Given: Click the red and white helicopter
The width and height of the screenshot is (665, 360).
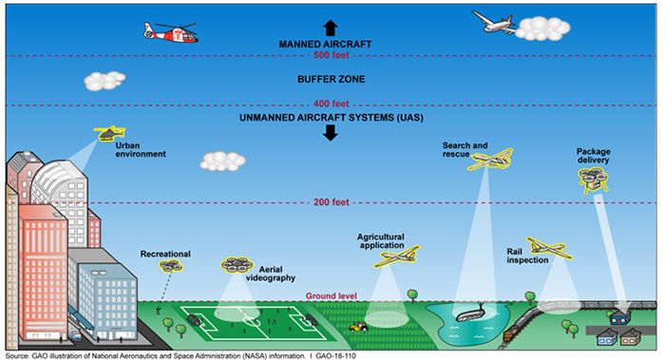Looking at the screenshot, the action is click(x=170, y=32).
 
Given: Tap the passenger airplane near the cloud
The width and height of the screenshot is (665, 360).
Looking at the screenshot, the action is click(x=494, y=22).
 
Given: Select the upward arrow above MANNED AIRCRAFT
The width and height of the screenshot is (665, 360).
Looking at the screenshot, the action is click(x=331, y=28).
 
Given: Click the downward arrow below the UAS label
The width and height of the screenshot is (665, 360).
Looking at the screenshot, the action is click(x=331, y=133).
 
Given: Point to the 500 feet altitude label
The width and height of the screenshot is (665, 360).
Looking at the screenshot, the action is click(x=332, y=55).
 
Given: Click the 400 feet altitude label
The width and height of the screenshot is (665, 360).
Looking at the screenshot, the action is click(x=332, y=104).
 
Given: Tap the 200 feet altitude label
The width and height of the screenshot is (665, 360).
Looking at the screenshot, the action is click(x=332, y=202).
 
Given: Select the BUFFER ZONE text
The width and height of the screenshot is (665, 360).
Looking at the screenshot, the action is click(x=331, y=79).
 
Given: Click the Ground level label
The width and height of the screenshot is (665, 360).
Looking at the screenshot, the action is click(x=332, y=296).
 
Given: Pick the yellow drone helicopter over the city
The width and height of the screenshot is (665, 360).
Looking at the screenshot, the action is click(x=109, y=133).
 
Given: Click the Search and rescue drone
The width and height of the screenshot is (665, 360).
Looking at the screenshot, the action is click(x=490, y=160).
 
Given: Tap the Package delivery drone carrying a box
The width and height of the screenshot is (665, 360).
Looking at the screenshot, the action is click(x=594, y=179).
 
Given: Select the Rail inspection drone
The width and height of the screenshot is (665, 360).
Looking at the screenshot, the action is click(x=549, y=247).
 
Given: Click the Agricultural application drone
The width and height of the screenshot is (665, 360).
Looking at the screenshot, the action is click(x=397, y=256).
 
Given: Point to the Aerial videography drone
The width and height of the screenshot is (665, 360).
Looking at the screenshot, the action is click(x=237, y=265).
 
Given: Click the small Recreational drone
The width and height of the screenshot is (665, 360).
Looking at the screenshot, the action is click(x=171, y=266).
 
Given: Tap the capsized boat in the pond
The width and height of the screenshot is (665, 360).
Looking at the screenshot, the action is click(x=471, y=313).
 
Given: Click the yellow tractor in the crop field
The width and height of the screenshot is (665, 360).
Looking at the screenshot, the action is click(x=359, y=327).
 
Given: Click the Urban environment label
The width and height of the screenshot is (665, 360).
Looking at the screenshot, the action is click(x=141, y=150).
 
